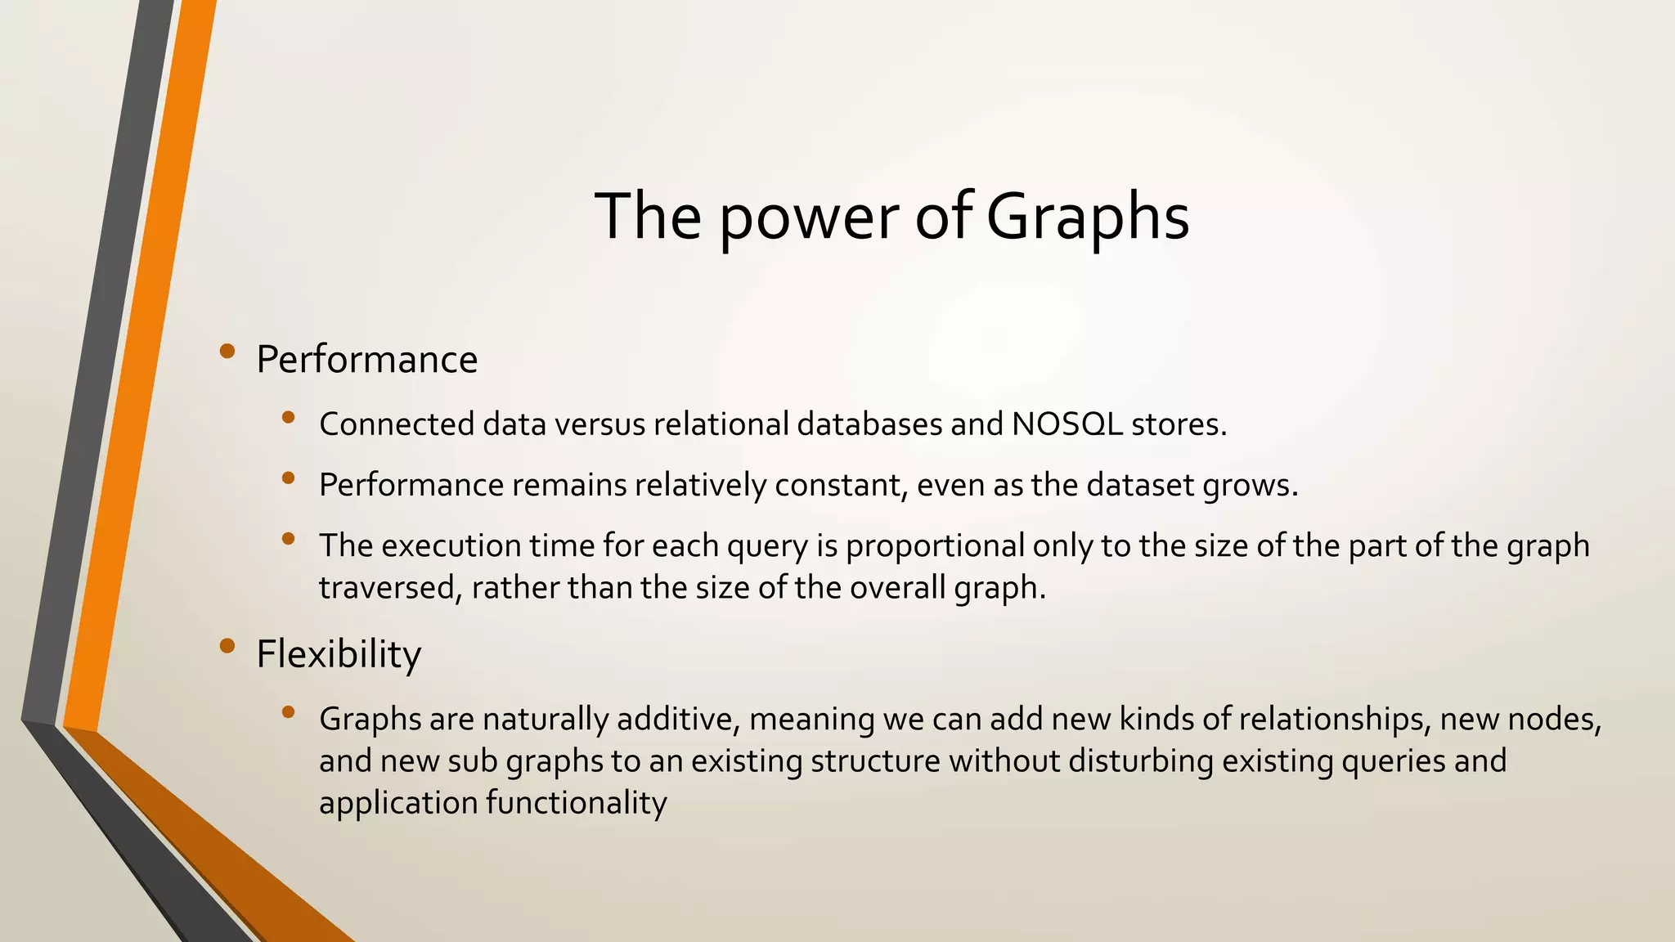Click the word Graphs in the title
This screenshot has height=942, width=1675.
[1087, 217]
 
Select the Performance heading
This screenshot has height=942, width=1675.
[366, 360]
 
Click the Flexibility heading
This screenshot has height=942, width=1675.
[339, 654]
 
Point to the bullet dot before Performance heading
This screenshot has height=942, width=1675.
[227, 352]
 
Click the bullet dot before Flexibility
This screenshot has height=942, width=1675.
[227, 647]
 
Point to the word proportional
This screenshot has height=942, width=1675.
[935, 545]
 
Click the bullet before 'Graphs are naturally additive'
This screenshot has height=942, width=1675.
[287, 712]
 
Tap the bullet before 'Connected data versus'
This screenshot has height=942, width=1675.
[287, 418]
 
